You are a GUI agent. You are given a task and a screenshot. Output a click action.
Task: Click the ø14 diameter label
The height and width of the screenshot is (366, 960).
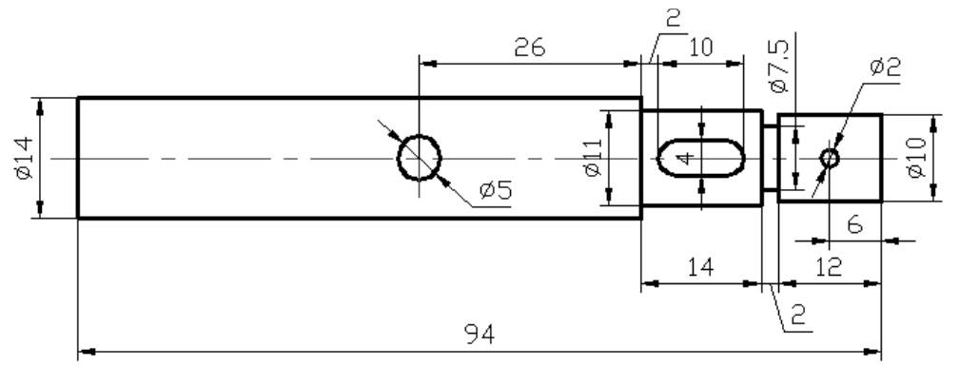coord(23,158)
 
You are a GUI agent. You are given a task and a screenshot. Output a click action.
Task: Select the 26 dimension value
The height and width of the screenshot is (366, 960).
coord(530,48)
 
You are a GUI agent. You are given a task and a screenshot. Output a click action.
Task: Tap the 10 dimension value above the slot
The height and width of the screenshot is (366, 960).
coord(701,48)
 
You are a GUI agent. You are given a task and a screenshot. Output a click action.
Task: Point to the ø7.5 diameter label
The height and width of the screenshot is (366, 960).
coord(778,67)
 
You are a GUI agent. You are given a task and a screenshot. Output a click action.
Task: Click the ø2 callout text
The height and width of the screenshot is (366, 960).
coord(885,67)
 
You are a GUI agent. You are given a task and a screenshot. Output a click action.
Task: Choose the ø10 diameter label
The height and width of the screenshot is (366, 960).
coord(916,157)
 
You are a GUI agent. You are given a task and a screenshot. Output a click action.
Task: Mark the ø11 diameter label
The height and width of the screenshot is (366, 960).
coord(594,157)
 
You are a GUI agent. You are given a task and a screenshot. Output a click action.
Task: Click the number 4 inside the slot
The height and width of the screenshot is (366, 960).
coord(686,159)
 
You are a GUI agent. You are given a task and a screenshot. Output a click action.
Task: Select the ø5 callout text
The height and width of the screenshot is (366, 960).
coord(496,190)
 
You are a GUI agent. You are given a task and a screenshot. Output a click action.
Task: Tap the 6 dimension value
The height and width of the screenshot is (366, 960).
coord(854,225)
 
